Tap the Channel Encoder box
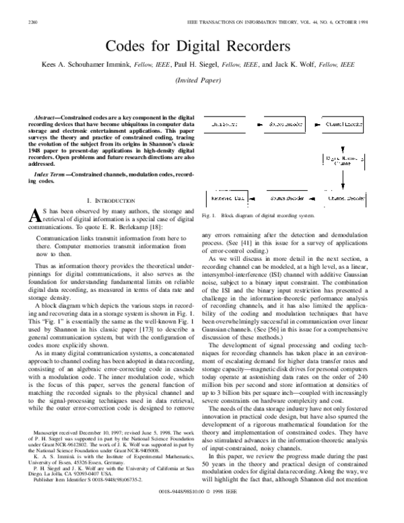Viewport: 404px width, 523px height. [x=345, y=125]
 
